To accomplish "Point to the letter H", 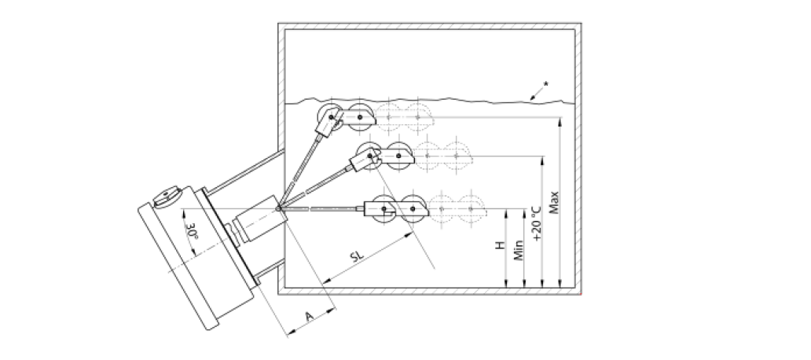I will pos(499,247).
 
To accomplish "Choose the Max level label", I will pos(554,203).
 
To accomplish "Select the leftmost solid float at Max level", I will pos(328,118).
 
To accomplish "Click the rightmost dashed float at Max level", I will pos(416,118).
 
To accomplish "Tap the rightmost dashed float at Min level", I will pos(468,209).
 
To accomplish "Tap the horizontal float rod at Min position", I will pos(322,209).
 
